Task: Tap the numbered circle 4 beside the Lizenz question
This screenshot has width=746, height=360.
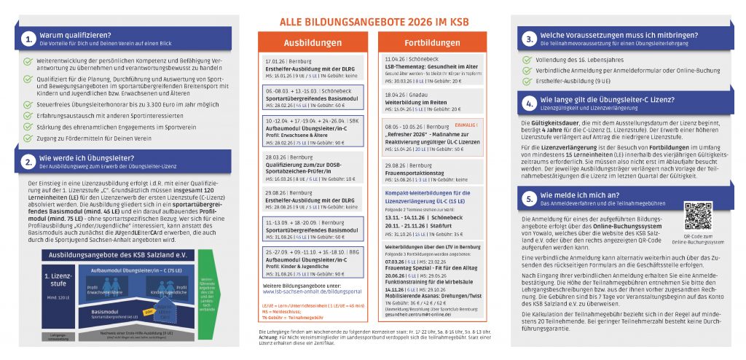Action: pyautogui.click(x=530, y=103)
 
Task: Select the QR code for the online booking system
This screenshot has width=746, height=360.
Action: pyautogui.click(x=699, y=217)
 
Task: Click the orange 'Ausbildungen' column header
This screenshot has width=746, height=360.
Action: pyautogui.click(x=312, y=43)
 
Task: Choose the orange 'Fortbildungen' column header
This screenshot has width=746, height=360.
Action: pyautogui.click(x=432, y=43)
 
